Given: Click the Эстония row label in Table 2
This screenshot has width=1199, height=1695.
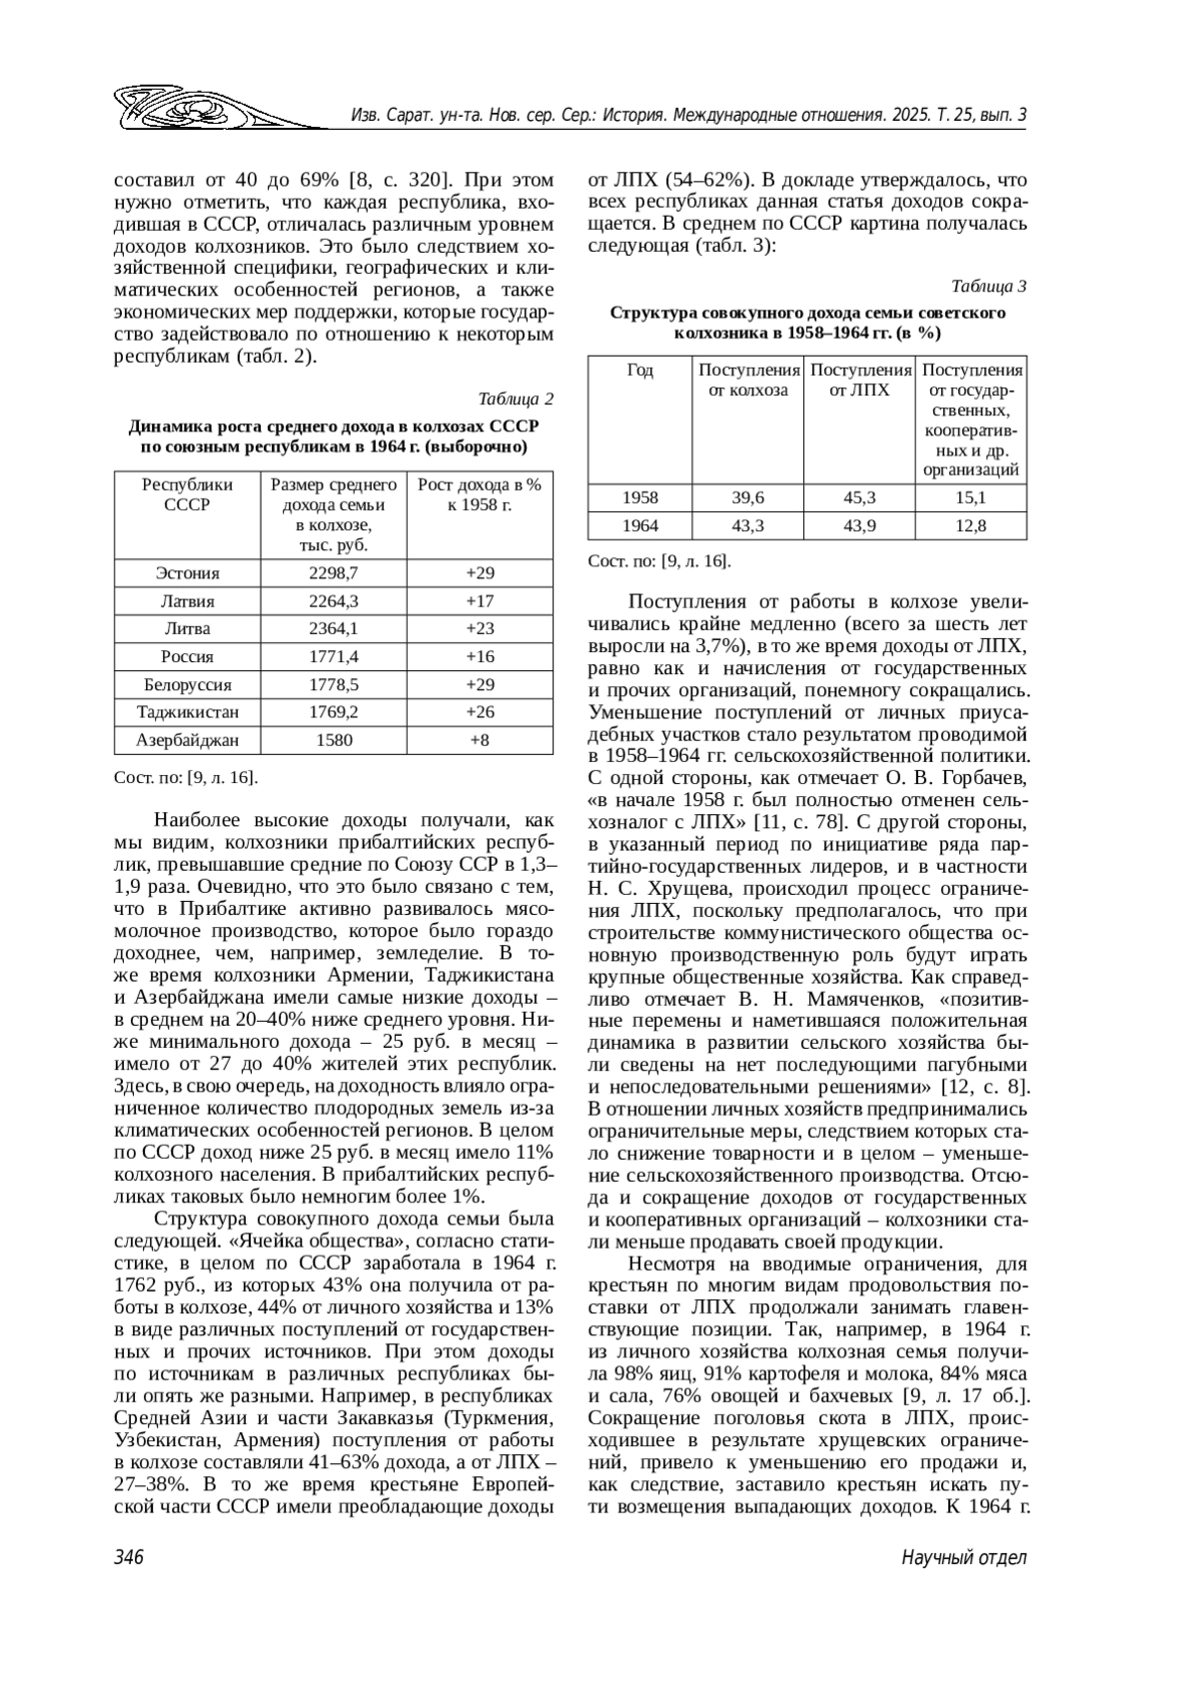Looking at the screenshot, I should point(187,573).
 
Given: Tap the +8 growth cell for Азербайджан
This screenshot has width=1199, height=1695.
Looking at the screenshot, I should point(480,740).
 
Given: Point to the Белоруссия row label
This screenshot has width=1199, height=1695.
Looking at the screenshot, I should point(187,685).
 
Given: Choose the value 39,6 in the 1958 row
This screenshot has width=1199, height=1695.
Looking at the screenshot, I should point(747,497).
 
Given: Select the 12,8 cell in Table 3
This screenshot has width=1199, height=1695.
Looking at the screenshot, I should point(970,525).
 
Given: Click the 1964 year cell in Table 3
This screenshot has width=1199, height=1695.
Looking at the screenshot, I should point(639,525).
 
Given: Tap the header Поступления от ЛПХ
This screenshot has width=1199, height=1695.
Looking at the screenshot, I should point(859,381).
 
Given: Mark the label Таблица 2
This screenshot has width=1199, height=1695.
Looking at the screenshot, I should point(516,400).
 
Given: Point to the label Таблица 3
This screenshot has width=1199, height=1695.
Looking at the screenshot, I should point(989,287).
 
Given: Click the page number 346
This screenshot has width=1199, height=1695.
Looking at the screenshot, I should point(130,1557).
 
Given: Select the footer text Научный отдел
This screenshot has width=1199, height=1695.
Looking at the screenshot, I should point(964,1557).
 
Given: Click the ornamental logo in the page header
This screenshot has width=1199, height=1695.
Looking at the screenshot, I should point(215,107).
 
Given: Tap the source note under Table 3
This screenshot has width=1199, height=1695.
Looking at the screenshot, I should point(659,561).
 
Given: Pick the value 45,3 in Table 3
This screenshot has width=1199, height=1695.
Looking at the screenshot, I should point(859,497).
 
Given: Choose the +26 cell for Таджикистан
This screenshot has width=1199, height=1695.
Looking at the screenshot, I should point(480,712).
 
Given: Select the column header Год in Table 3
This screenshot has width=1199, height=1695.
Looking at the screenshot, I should point(639,371).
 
